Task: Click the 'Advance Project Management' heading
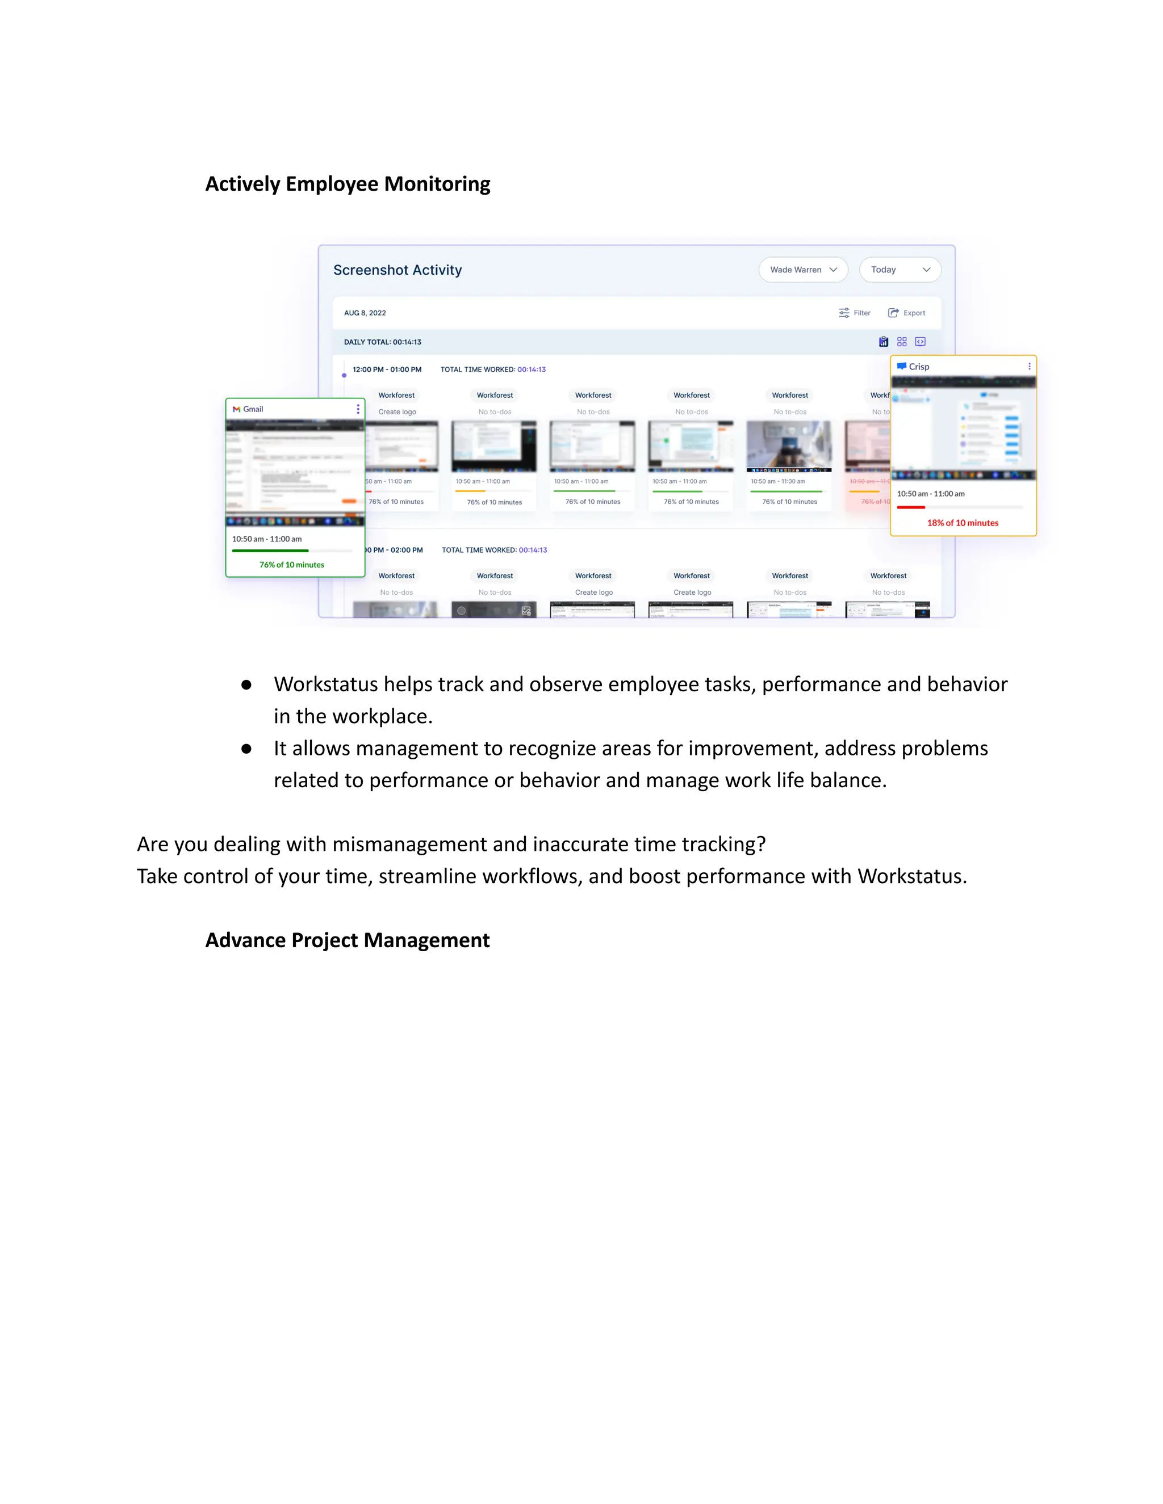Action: pyautogui.click(x=347, y=940)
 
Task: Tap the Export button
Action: pyautogui.click(x=907, y=313)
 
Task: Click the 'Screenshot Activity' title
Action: pyautogui.click(x=398, y=270)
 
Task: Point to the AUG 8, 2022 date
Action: pyautogui.click(x=365, y=313)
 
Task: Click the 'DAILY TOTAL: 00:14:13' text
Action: pyautogui.click(x=382, y=342)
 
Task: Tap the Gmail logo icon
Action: pyautogui.click(x=236, y=409)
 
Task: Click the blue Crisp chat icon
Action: pyautogui.click(x=901, y=367)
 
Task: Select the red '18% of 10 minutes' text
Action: pyautogui.click(x=963, y=523)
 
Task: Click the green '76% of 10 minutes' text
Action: pyautogui.click(x=291, y=565)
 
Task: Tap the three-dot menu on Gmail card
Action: pyautogui.click(x=358, y=409)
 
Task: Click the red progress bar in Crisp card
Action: pyautogui.click(x=911, y=507)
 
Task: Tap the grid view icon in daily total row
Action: pyautogui.click(x=902, y=342)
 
